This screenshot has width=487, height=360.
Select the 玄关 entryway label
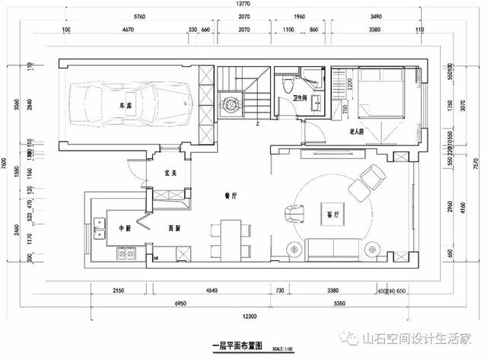170,173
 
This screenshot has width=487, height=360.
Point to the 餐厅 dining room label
231,196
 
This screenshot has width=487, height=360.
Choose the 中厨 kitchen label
125,228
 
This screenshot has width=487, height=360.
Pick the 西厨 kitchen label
174,228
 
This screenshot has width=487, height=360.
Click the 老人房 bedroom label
358,132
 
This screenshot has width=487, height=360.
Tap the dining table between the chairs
231,238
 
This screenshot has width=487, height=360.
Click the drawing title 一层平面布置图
236,345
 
